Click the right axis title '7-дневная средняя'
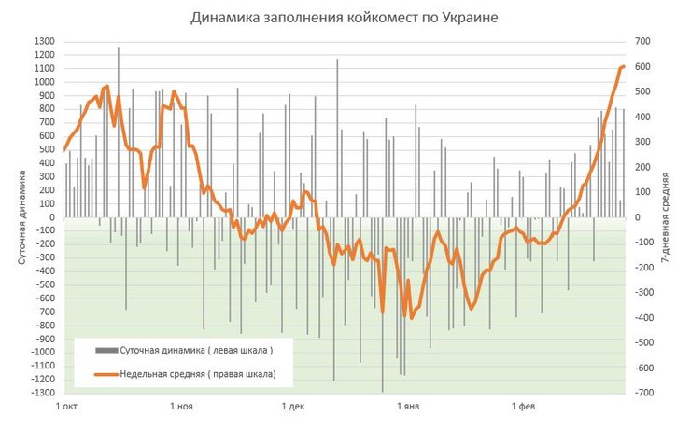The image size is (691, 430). pos(665,217)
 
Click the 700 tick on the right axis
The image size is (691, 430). pos(643,41)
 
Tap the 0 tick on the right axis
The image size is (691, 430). pos(638,217)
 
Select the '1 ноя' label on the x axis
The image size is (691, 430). pos(181,408)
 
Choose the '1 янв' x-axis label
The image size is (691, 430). pos(409,408)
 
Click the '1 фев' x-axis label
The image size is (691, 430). pos(523,408)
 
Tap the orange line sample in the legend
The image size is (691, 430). pos(111,374)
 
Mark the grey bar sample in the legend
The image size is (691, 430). pos(111,352)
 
